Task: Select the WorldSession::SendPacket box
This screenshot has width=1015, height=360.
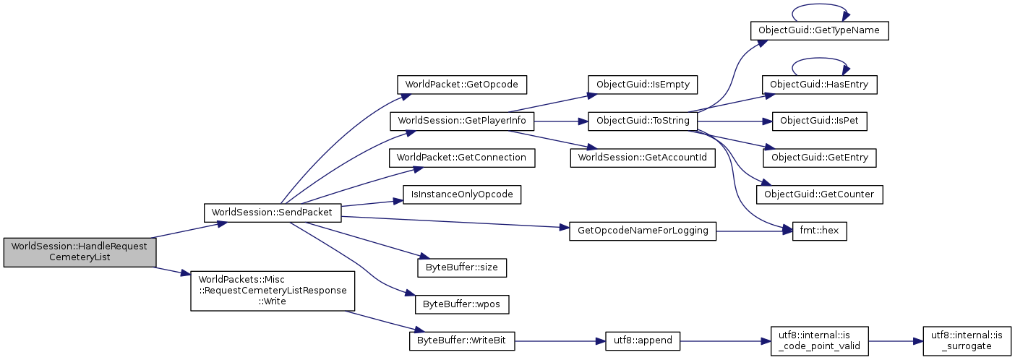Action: coord(272,213)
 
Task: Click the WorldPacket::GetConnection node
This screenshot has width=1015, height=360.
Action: coord(462,158)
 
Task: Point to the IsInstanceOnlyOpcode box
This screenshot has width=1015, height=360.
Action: coord(462,195)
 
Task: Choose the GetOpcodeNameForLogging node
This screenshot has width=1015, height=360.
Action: coord(643,231)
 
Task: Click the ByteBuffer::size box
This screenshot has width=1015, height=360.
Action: coord(462,267)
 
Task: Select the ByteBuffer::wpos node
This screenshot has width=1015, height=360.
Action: coord(462,304)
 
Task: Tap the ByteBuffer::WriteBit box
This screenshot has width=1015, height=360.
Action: coord(462,341)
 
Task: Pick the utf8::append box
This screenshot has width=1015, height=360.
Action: coord(643,341)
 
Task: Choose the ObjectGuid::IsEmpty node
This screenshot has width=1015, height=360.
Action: coord(643,83)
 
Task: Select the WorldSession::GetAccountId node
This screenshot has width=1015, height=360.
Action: coord(643,158)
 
